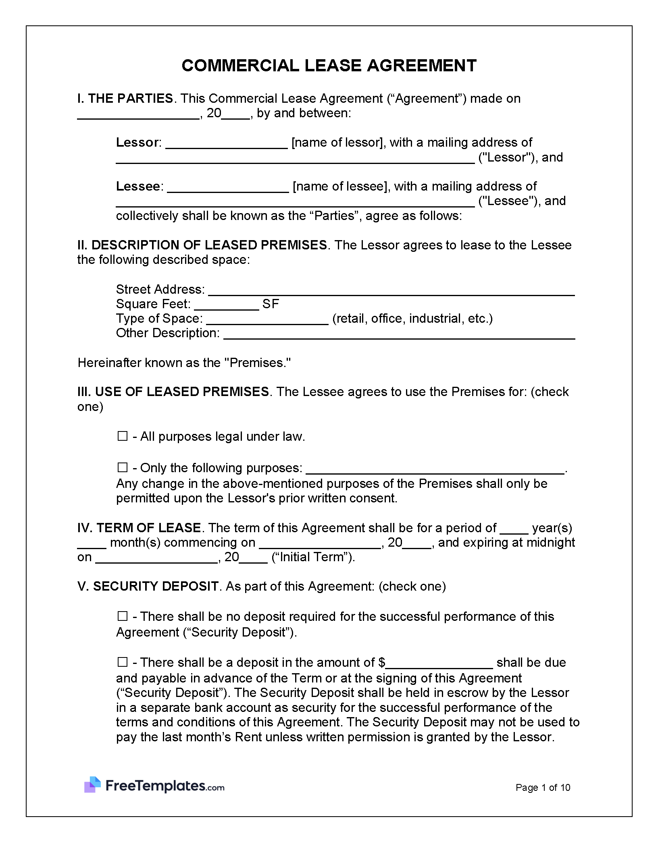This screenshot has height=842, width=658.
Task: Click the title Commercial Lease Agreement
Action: pyautogui.click(x=329, y=65)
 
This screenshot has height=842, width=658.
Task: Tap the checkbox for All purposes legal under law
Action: pyautogui.click(x=123, y=436)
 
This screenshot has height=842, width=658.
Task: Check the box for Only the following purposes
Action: pyautogui.click(x=123, y=467)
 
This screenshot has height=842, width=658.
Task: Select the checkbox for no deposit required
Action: pyautogui.click(x=123, y=616)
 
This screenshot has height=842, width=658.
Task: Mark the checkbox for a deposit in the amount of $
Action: pyautogui.click(x=123, y=662)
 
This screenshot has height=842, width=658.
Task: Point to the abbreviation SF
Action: pyautogui.click(x=271, y=304)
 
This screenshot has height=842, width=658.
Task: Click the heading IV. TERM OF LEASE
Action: pyautogui.click(x=139, y=528)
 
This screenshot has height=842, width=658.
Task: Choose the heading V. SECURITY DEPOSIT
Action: pyautogui.click(x=148, y=586)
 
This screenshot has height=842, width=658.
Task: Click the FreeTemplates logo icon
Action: pyautogui.click(x=92, y=785)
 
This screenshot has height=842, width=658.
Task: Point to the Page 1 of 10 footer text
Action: pyautogui.click(x=543, y=788)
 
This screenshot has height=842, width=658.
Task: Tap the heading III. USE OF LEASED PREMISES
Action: pyautogui.click(x=173, y=392)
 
